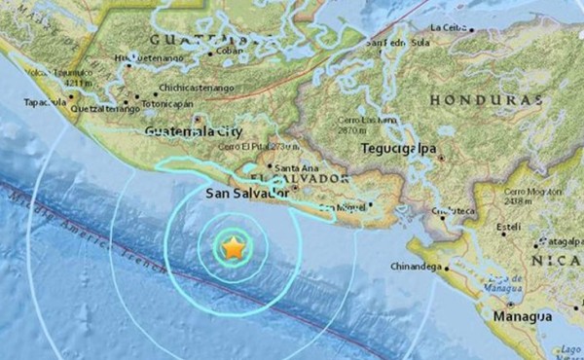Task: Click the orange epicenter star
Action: (234, 249)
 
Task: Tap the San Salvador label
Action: (247, 194)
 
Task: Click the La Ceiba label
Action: (451, 26)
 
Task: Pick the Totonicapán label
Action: (171, 101)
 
